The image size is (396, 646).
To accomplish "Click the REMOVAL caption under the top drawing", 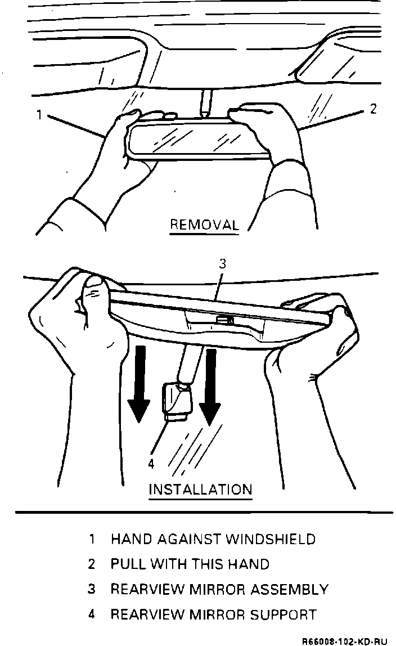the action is point(204,225).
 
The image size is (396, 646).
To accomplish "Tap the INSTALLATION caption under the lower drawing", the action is point(200,488).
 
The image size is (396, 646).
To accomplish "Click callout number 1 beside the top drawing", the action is point(39,114).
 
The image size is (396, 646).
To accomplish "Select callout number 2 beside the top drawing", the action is point(373,109).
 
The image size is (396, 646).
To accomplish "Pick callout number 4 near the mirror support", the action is point(151,463).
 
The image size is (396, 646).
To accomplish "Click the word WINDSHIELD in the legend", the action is point(270,539).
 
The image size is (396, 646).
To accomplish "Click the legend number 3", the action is point(92,589).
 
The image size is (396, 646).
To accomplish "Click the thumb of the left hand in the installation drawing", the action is point(94,293).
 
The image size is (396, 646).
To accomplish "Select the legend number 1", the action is point(92,539).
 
